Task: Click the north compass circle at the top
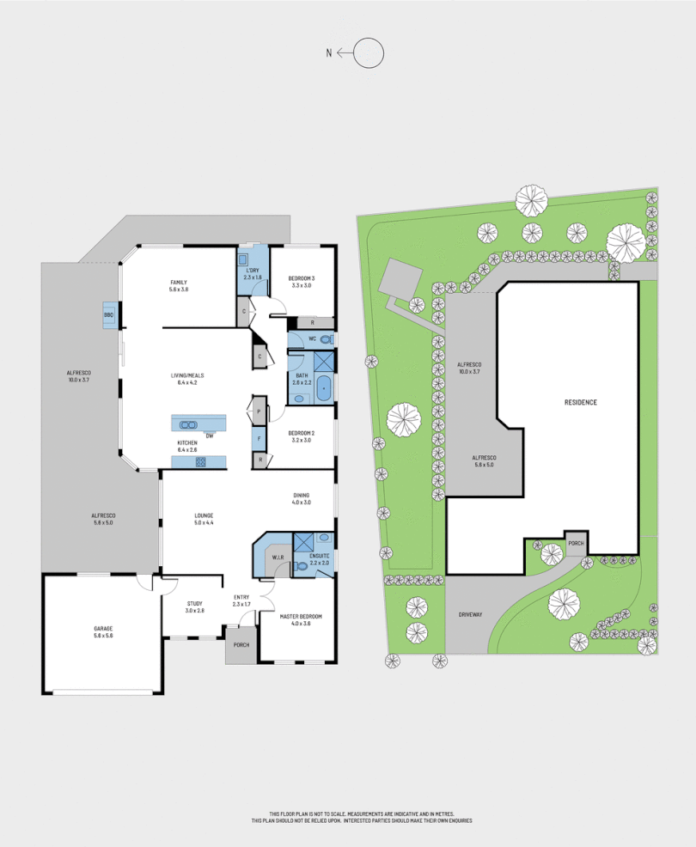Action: [370, 53]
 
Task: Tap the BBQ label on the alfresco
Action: [109, 316]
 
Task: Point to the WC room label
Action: [313, 338]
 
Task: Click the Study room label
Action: [195, 607]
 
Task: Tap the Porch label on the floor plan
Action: [241, 644]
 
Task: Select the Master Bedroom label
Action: [301, 620]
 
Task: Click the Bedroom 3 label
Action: [301, 281]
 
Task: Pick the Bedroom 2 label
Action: [301, 436]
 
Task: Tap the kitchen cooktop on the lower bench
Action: [200, 462]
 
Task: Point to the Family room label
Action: [178, 286]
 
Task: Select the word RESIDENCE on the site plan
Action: [580, 402]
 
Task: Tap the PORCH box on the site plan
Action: [574, 543]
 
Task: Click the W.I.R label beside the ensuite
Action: [278, 558]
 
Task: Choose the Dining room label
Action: [301, 498]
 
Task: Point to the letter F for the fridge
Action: [259, 438]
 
